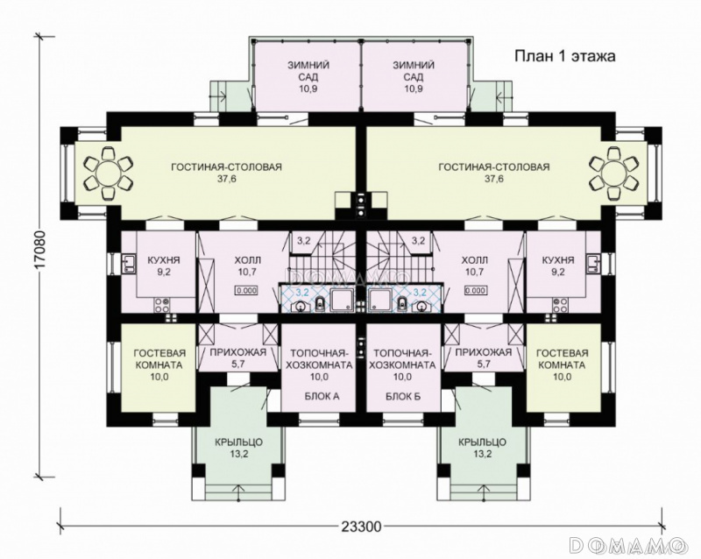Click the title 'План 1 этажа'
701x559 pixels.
[x=565, y=57]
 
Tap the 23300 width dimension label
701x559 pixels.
[x=361, y=527]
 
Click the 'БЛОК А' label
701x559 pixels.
[x=322, y=396]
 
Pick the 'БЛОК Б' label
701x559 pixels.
[x=403, y=396]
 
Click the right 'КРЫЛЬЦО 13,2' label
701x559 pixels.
[x=483, y=449]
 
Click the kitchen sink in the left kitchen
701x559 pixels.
[x=128, y=264]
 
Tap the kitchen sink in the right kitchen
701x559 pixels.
[x=593, y=264]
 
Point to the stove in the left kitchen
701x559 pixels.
[x=161, y=305]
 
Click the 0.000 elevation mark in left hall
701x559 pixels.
[x=246, y=290]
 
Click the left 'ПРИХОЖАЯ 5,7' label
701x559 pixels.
[x=237, y=357]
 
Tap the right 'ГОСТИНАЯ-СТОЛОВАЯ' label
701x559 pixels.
[x=494, y=167]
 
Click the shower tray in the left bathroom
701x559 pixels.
[x=342, y=299]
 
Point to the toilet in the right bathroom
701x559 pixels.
[x=402, y=303]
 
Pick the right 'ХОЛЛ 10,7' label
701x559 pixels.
[x=474, y=265]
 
